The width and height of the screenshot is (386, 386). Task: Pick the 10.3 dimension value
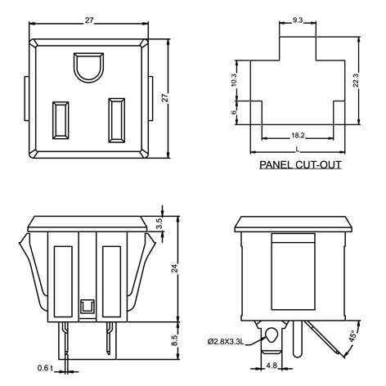point(233,79)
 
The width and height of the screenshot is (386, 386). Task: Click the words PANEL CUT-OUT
point(300,164)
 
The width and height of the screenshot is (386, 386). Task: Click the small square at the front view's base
point(86,308)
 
